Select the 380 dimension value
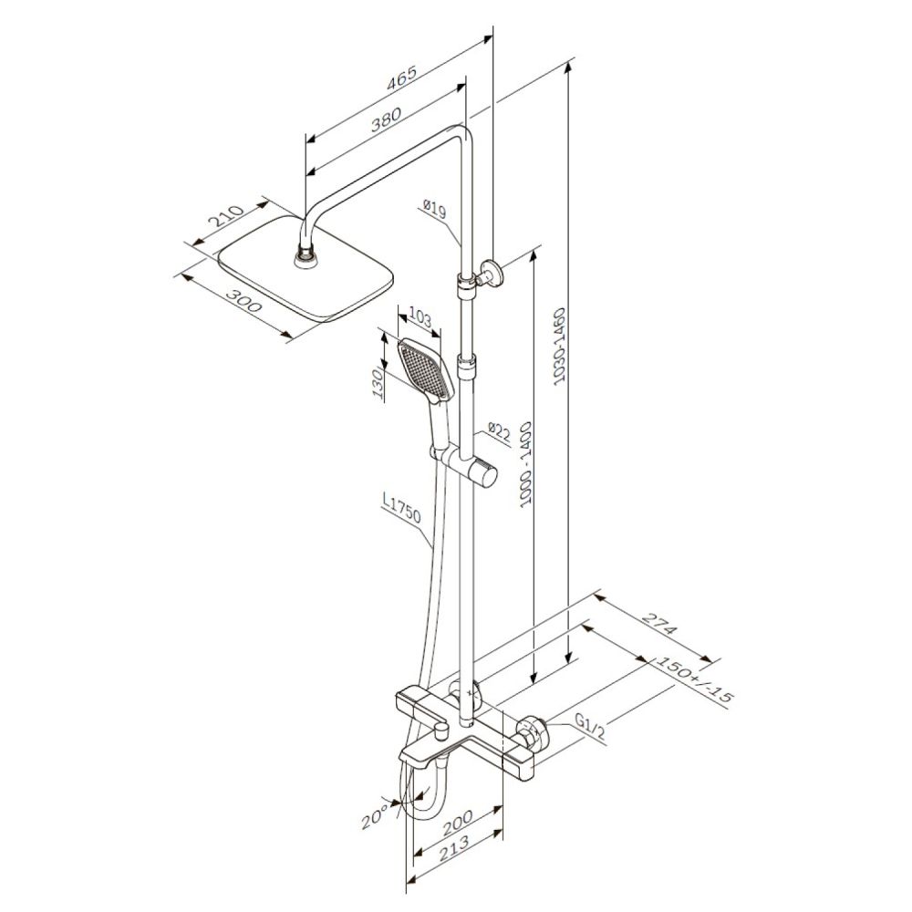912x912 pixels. (386, 119)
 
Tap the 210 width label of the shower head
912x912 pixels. (225, 216)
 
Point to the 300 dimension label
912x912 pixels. (244, 301)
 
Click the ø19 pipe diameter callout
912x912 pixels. (434, 209)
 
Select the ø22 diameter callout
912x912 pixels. (499, 432)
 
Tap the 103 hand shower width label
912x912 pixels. (420, 318)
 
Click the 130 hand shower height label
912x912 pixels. (378, 385)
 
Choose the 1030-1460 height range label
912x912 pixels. (560, 347)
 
